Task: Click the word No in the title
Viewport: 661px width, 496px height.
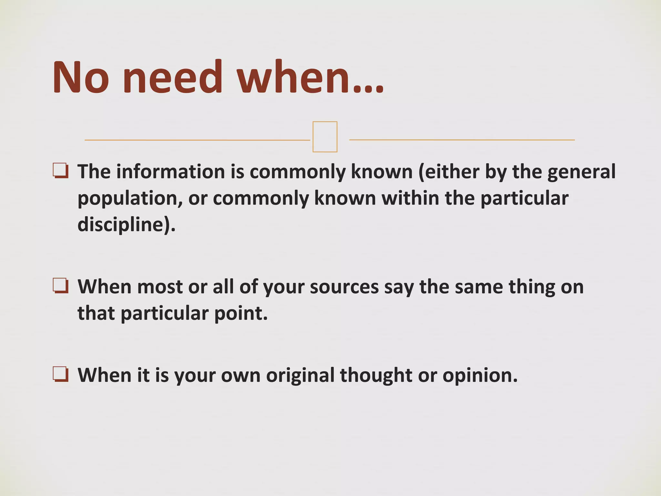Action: click(x=81, y=77)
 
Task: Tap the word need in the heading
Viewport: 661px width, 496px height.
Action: click(x=173, y=77)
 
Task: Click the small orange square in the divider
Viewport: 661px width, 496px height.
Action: click(x=325, y=137)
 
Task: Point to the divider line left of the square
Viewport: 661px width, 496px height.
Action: click(x=197, y=140)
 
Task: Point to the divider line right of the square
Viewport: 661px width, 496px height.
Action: click(x=462, y=140)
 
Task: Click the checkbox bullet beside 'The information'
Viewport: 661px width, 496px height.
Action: click(x=61, y=171)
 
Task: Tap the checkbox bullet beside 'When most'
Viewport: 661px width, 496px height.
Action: click(x=61, y=286)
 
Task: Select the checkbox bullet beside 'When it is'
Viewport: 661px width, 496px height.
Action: click(x=61, y=375)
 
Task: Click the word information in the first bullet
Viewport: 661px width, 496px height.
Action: click(x=170, y=171)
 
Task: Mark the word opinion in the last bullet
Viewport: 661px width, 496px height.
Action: click(x=479, y=375)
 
